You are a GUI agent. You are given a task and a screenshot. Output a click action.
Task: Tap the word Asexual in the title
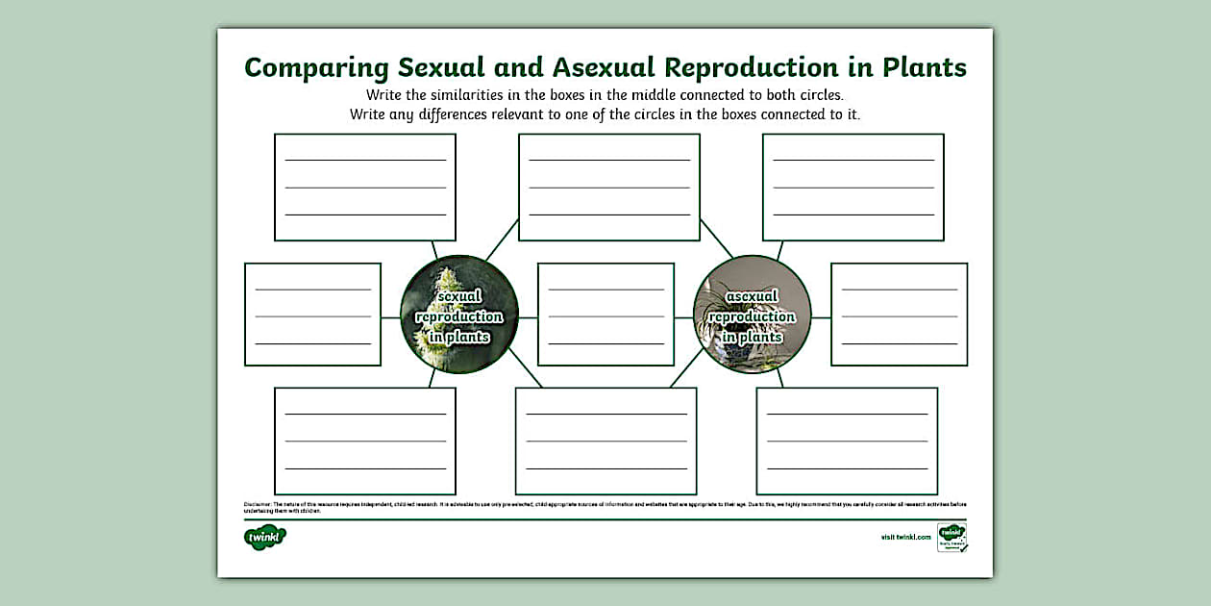605,68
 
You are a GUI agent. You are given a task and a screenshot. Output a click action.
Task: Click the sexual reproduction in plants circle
459,315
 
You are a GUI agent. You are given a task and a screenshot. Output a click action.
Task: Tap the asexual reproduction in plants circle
753,315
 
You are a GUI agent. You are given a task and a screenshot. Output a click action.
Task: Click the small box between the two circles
605,315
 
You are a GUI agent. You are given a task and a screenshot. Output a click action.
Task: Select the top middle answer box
609,187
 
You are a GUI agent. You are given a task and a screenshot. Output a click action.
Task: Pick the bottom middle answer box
606,441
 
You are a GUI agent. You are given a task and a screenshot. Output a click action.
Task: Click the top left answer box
365,187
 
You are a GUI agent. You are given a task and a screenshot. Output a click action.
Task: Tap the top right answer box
853,187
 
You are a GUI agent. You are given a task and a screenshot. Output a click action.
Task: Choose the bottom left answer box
365,441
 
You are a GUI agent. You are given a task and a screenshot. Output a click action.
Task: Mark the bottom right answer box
847,441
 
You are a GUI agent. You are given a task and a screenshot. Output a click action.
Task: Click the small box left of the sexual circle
313,315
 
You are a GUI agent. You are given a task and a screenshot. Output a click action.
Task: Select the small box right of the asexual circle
900,315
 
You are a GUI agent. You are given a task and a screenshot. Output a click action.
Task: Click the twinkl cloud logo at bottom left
265,537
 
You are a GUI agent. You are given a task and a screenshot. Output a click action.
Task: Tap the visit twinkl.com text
906,537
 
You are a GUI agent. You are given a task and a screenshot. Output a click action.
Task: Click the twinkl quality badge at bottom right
951,538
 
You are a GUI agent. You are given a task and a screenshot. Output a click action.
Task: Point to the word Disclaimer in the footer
259,504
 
